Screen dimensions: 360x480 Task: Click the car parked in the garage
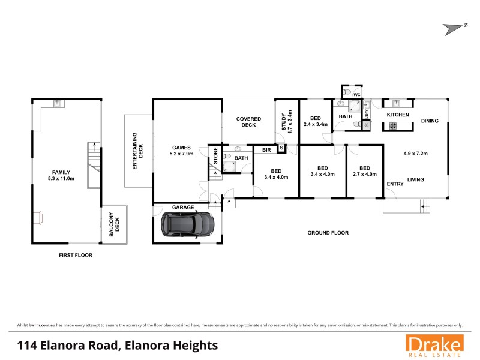[187, 224]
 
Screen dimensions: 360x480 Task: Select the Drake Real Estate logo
[434, 346]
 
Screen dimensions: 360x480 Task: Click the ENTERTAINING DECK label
[138, 150]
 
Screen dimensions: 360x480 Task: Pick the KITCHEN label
[398, 115]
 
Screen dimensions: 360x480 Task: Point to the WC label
[356, 95]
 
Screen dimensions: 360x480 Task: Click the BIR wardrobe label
[265, 150]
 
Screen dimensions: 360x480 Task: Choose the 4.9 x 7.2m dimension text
[414, 154]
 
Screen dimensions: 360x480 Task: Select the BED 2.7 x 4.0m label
[364, 171]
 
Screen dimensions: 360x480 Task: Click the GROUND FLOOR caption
[328, 232]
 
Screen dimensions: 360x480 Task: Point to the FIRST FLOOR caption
[76, 254]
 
